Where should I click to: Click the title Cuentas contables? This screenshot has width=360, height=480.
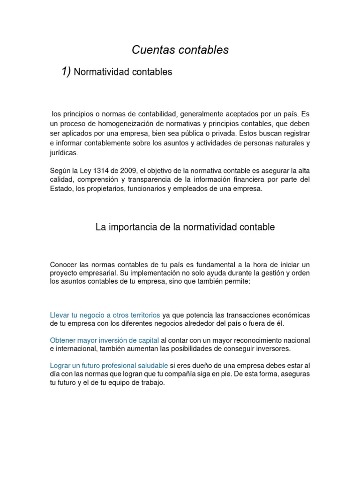tap(180, 50)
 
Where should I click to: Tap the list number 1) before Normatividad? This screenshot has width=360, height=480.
tap(66, 71)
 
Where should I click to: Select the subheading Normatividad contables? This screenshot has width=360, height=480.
tap(123, 72)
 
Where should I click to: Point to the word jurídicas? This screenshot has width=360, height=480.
tap(65, 153)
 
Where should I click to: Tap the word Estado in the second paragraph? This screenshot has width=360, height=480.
tap(60, 189)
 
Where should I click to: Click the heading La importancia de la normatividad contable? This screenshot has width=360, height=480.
tap(185, 227)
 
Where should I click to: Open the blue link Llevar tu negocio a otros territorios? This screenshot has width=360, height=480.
tap(105, 315)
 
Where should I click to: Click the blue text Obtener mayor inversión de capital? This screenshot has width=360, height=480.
tap(105, 340)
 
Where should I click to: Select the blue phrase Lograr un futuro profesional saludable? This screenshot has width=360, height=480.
tap(109, 365)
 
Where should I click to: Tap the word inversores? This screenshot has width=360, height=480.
tap(272, 349)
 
